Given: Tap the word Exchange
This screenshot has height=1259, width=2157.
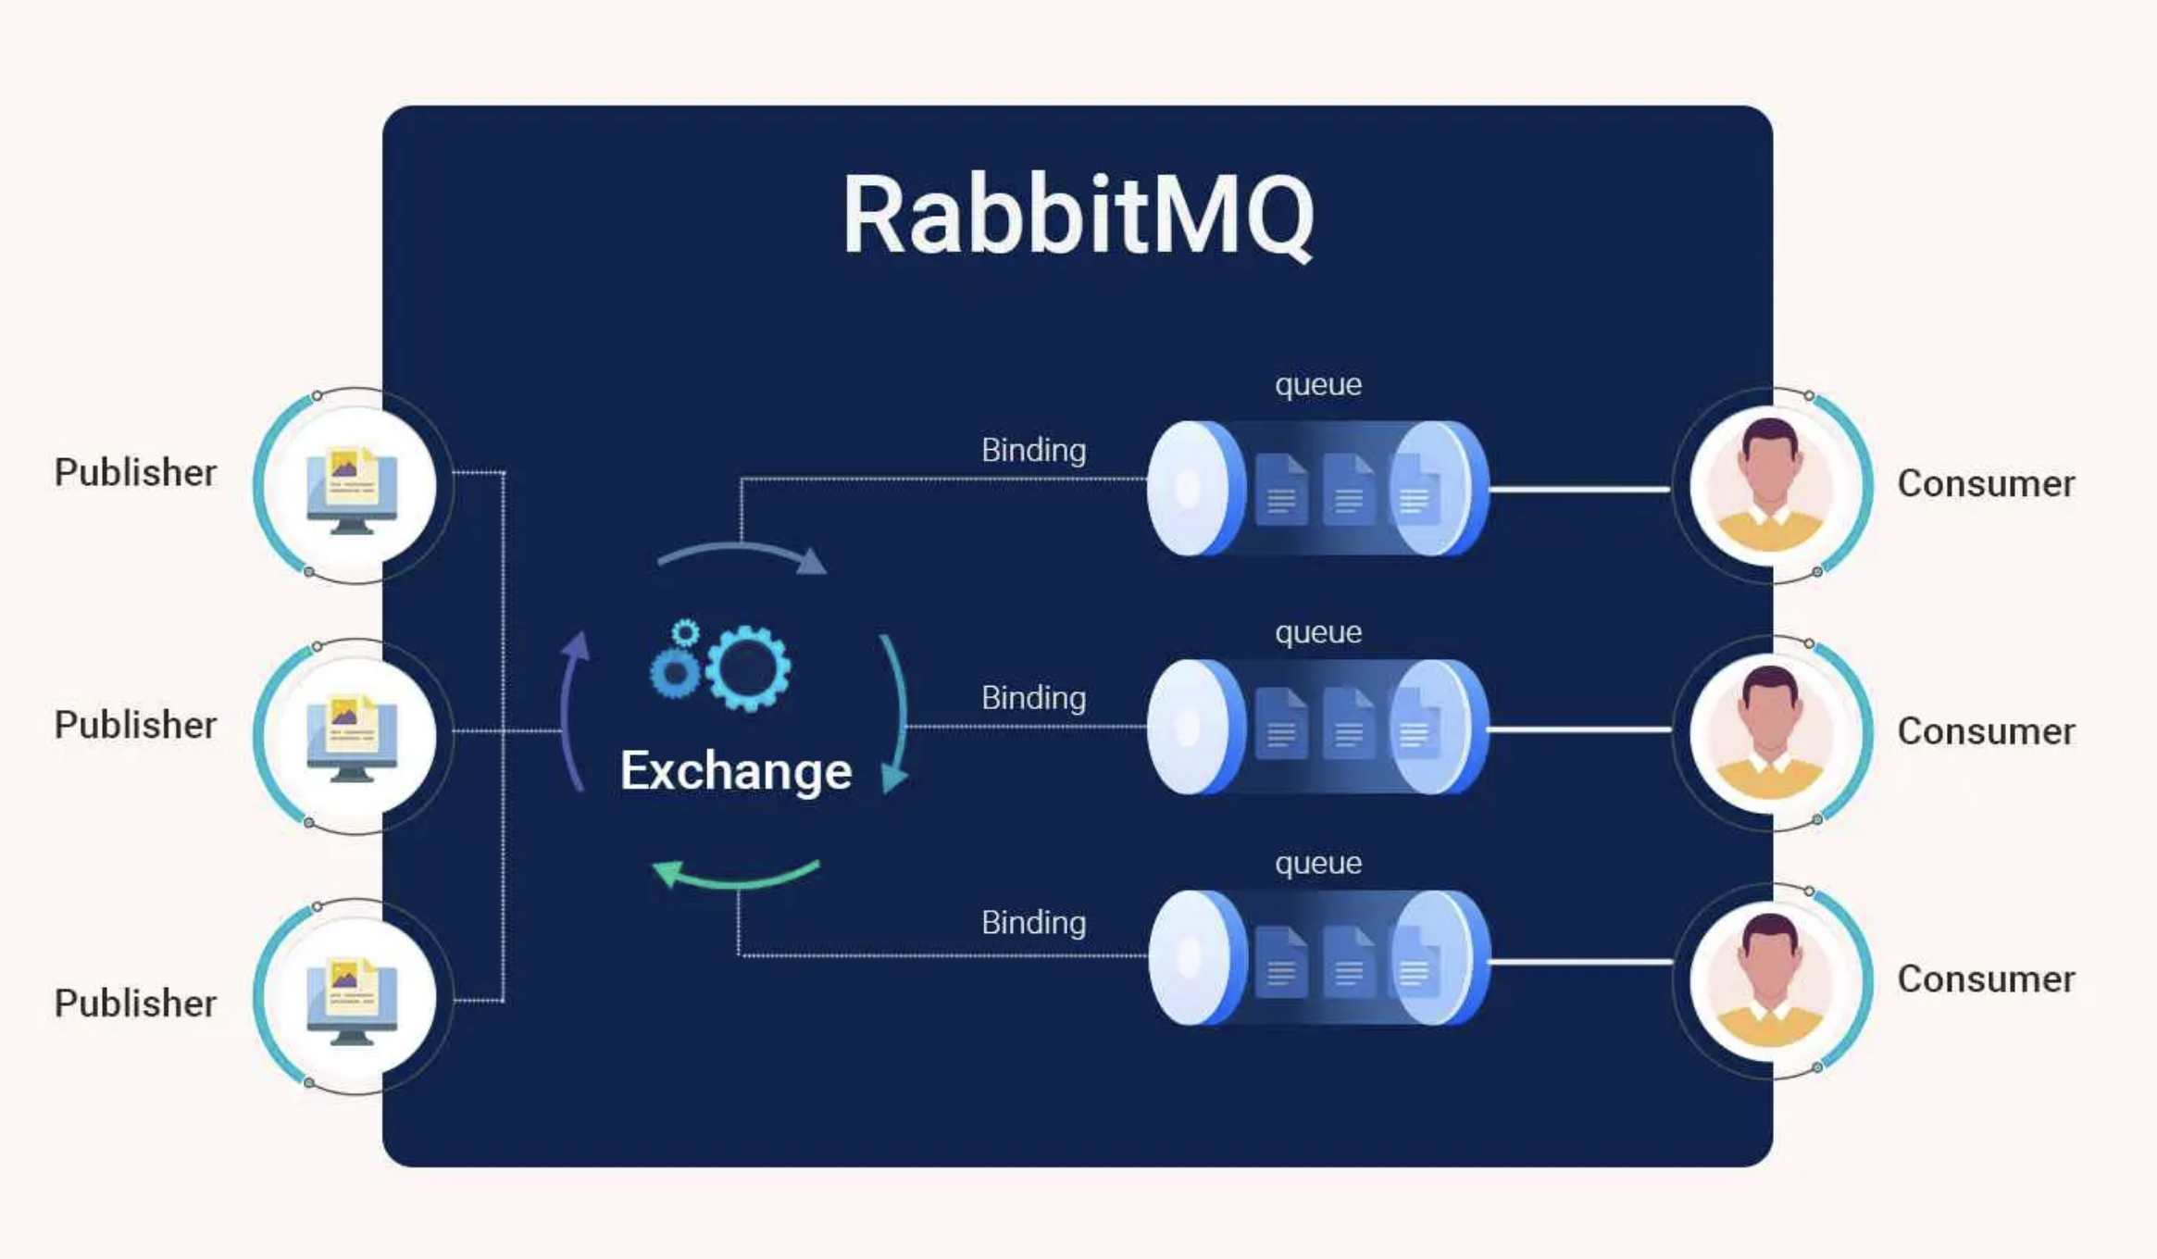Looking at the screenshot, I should click(736, 770).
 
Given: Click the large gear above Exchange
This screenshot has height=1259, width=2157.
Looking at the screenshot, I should click(748, 668).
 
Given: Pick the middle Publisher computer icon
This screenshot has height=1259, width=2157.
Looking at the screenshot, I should click(351, 737).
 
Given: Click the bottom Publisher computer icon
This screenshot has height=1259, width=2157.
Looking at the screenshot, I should click(351, 998).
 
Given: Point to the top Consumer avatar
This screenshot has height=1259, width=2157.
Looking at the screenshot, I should click(1769, 485).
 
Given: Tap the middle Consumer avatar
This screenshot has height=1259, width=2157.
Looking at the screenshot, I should click(1769, 733).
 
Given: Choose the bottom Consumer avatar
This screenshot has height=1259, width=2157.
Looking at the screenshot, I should click(1769, 981).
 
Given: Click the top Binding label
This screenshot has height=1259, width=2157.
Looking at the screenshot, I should click(1033, 451).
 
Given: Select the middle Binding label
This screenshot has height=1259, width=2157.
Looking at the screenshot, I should click(1033, 698).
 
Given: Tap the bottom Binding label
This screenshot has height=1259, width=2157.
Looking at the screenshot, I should click(1033, 923).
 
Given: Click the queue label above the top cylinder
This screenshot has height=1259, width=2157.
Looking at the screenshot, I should click(1317, 385).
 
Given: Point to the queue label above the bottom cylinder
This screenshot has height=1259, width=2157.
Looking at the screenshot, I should click(1317, 864).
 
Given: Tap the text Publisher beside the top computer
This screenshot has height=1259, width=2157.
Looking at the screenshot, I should click(135, 472).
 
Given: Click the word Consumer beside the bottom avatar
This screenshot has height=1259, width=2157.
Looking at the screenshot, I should click(1986, 979).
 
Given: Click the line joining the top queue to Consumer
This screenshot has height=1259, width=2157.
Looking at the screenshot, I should click(1579, 489).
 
